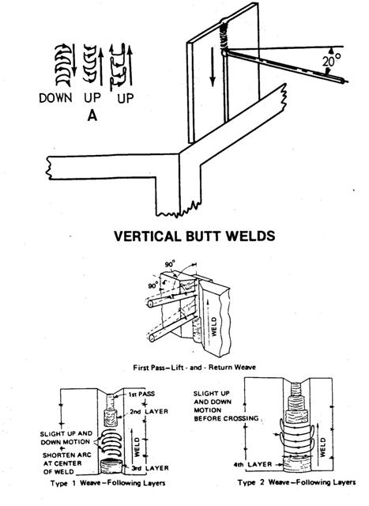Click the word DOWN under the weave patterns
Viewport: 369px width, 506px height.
point(55,100)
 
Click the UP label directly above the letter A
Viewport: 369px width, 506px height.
point(92,100)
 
